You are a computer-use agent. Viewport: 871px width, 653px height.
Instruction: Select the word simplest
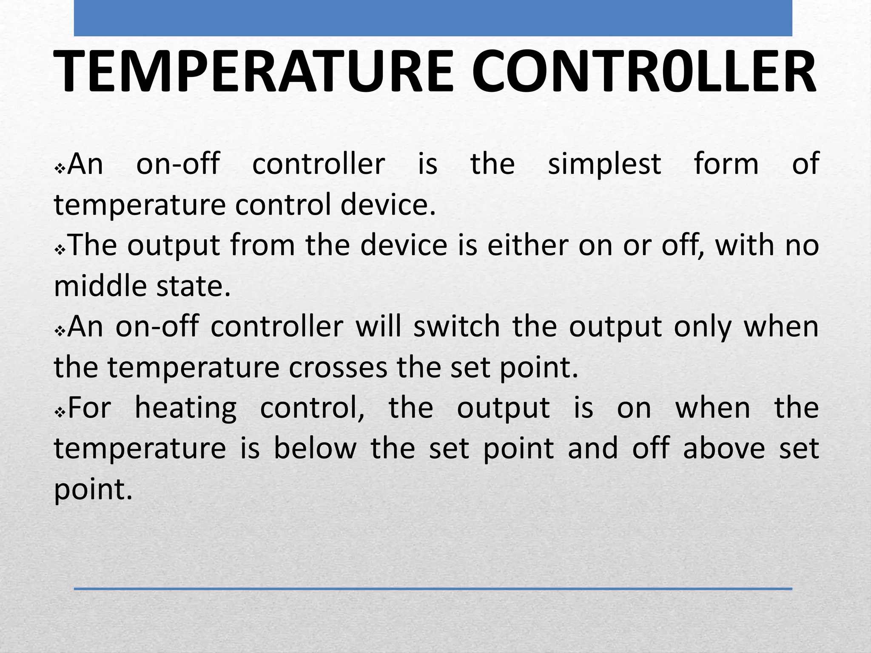click(604, 164)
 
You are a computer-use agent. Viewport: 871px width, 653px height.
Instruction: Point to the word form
click(726, 164)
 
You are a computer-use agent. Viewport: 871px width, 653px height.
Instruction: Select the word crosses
click(338, 368)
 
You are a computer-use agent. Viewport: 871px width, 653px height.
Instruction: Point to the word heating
click(185, 409)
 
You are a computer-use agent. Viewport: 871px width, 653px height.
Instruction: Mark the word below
click(315, 449)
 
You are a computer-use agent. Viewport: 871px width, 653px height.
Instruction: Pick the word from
click(262, 245)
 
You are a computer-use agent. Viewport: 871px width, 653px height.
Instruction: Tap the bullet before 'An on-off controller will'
click(60, 331)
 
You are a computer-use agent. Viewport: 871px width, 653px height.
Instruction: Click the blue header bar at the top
click(433, 18)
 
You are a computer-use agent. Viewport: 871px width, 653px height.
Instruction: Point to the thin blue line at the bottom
click(433, 589)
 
